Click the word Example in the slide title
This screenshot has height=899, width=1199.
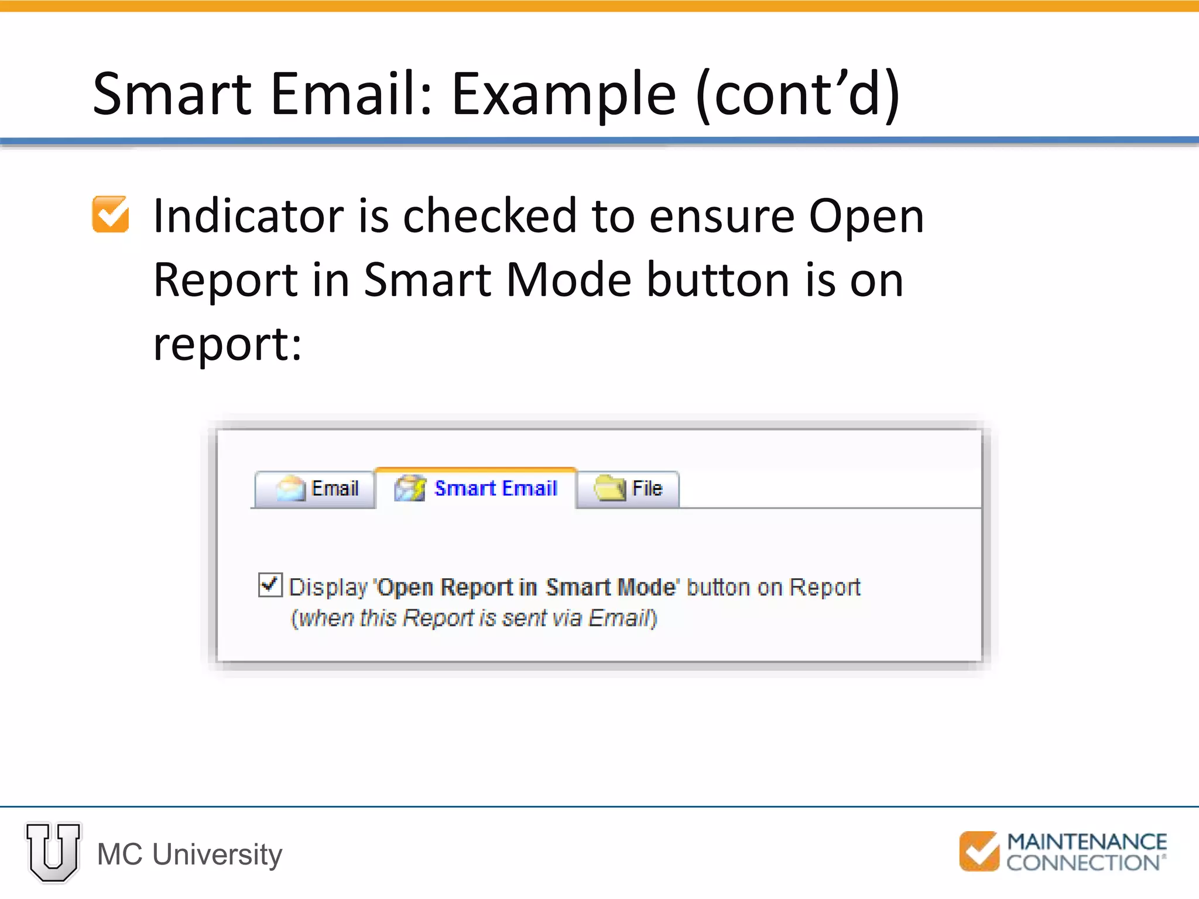564,94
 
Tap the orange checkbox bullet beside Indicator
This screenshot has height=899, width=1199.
111,214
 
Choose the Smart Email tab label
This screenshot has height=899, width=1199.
495,488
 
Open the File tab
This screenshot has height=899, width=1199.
628,489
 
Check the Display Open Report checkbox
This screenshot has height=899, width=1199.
270,585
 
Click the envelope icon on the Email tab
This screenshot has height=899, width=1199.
291,488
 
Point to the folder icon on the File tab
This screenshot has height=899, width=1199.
609,488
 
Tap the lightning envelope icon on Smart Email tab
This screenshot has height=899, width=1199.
410,488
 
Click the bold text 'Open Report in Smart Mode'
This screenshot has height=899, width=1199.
526,587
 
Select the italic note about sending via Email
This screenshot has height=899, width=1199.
474,618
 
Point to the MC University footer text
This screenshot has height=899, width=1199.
190,855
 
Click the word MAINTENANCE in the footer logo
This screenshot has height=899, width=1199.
1087,842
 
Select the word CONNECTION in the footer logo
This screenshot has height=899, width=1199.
1083,863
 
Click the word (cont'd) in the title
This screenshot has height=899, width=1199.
798,94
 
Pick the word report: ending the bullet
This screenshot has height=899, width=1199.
227,344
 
